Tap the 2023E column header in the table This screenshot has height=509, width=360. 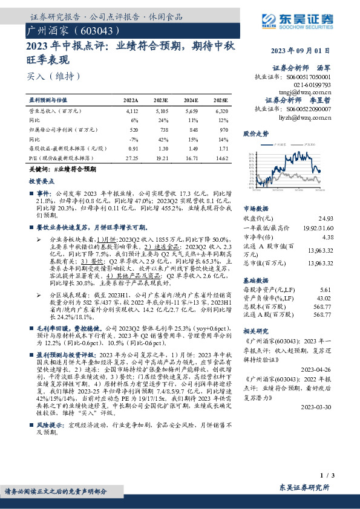tap(162, 99)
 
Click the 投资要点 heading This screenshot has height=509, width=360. tap(37, 180)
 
